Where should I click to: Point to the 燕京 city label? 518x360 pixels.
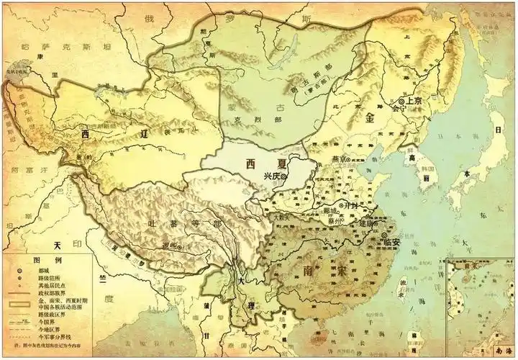click(x=337, y=159)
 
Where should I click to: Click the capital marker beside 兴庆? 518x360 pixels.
click(x=284, y=176)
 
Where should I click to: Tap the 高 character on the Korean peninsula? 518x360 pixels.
click(x=412, y=157)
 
